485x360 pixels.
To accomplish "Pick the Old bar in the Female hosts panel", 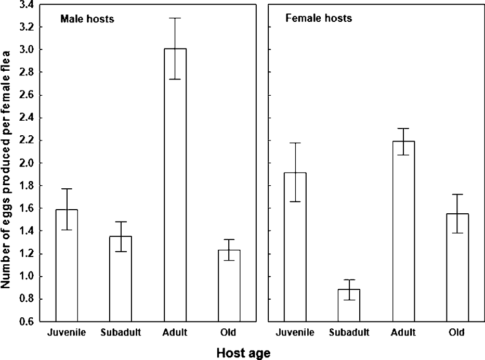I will [x=458, y=267].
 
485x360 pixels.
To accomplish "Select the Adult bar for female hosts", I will [x=404, y=231].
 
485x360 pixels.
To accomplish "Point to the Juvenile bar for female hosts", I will [x=295, y=247].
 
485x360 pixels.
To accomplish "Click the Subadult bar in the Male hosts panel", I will [x=121, y=279].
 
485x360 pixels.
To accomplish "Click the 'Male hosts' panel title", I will [x=87, y=19].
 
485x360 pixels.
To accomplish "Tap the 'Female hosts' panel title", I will [x=318, y=19].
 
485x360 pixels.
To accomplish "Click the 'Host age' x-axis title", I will [x=243, y=353].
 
